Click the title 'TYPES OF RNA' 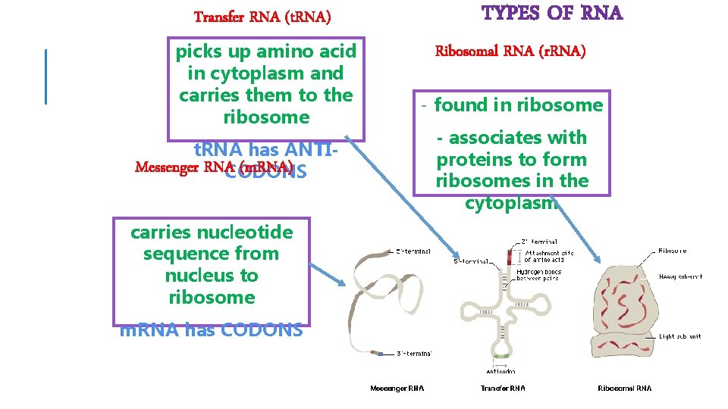click(x=552, y=14)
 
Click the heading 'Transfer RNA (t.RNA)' click(x=262, y=16)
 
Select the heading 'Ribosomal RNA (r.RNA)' click(x=510, y=52)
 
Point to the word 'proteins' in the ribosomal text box click(x=469, y=160)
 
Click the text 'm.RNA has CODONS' click(x=212, y=330)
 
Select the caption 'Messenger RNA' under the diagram click(x=397, y=389)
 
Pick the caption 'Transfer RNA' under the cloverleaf click(x=503, y=389)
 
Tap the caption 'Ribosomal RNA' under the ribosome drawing click(x=624, y=389)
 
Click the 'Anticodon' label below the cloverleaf click(x=500, y=371)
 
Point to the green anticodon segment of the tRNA click(x=500, y=354)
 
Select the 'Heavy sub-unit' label click(x=680, y=277)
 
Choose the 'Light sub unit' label click(x=680, y=336)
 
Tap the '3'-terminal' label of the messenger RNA click(x=413, y=353)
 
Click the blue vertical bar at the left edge click(x=45, y=76)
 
